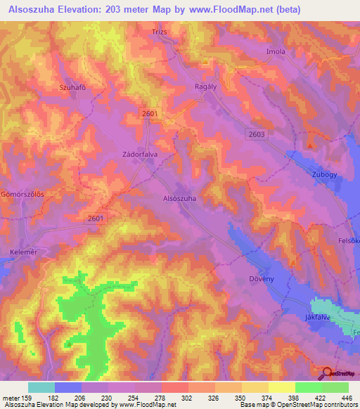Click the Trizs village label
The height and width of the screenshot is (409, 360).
(x=160, y=32)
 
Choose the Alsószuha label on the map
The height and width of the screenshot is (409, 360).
(x=179, y=199)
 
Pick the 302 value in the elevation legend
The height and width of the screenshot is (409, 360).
(x=188, y=398)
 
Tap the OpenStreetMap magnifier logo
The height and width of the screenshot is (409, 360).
(x=327, y=373)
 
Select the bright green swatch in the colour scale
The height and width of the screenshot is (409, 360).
(x=308, y=387)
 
